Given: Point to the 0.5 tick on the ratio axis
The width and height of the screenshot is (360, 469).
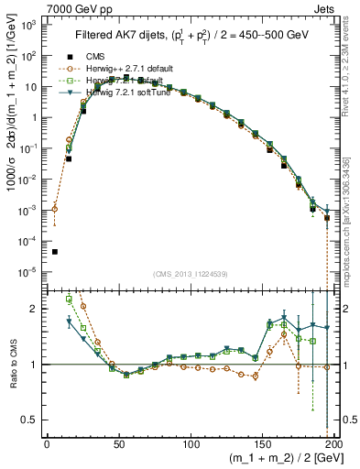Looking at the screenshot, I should (x=31, y=420).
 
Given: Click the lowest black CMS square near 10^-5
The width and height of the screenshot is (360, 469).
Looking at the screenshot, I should (x=54, y=252).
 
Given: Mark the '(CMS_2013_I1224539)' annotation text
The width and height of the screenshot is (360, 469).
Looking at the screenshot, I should (x=191, y=273).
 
